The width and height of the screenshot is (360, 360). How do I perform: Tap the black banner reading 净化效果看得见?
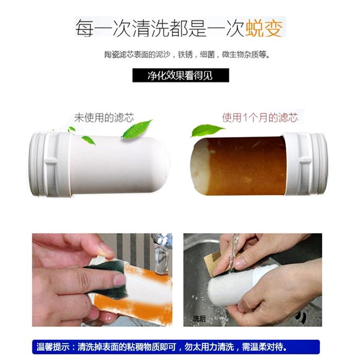[x=180, y=75]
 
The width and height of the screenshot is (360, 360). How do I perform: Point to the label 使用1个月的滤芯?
[x=260, y=118]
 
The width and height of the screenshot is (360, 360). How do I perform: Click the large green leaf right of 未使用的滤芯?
[x=138, y=129]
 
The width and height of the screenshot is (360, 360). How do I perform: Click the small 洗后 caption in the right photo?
[x=199, y=319]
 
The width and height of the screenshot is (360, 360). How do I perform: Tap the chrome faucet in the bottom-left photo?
[x=161, y=247]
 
